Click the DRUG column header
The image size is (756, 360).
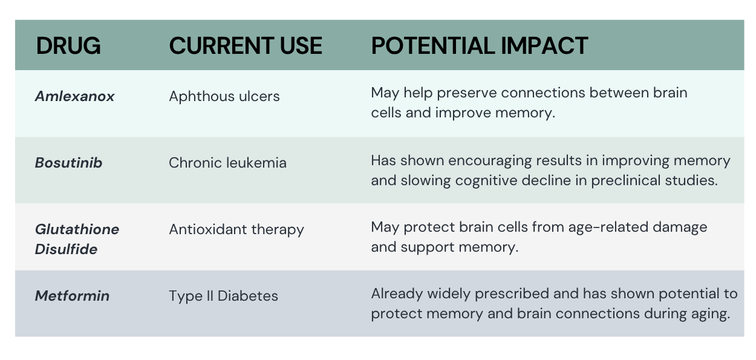coord(68,45)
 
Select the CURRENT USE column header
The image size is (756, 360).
coord(246,45)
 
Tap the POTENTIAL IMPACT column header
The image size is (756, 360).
coord(479,45)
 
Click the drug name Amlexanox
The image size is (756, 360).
coord(74,96)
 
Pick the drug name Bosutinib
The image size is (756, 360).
coord(68,163)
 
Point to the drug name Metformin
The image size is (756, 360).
coord(72,296)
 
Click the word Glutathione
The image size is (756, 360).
coord(77,229)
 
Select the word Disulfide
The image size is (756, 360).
coord(66,249)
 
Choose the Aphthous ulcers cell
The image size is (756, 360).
coord(224,97)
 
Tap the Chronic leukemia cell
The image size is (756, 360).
coord(227,163)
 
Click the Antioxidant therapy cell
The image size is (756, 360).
coord(236,230)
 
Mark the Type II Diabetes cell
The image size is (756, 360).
coord(223,296)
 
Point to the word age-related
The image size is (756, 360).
coord(608,227)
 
